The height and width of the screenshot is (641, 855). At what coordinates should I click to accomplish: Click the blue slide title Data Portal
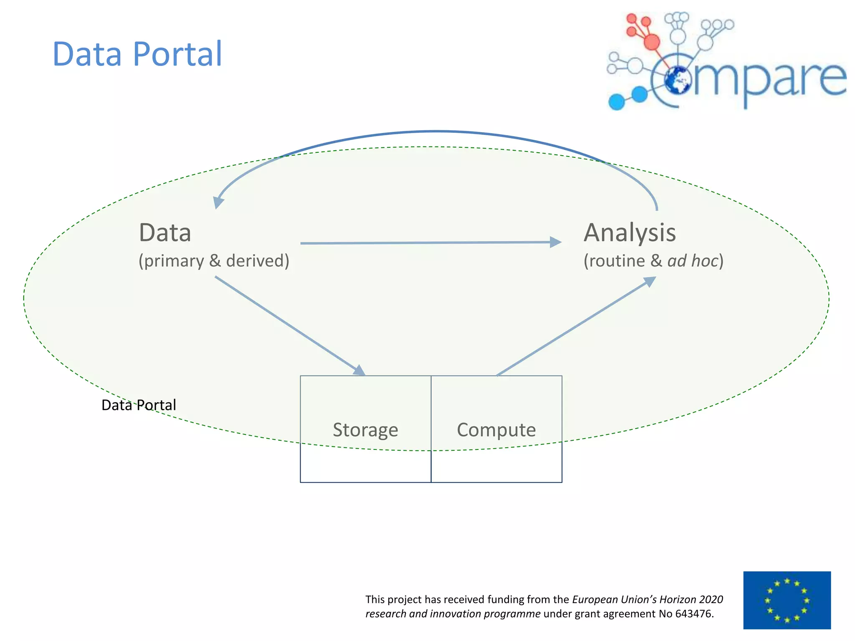[137, 54]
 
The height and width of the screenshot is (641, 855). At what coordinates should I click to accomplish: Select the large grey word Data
[165, 233]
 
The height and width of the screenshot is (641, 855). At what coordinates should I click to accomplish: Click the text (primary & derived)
[214, 261]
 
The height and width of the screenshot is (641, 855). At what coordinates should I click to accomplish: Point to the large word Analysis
[630, 233]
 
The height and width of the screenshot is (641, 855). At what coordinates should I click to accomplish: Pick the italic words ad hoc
[693, 261]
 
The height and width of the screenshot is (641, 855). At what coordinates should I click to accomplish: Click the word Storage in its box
[365, 430]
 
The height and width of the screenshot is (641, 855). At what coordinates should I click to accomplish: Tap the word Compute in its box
[496, 430]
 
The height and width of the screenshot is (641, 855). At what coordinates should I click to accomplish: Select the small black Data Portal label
[139, 405]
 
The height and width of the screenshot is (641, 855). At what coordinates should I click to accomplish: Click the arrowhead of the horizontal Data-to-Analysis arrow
[556, 242]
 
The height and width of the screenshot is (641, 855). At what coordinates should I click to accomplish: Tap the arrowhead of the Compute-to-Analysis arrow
[649, 282]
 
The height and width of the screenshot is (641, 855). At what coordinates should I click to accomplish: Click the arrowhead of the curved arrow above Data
[218, 202]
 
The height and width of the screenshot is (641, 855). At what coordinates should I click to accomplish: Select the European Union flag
[787, 600]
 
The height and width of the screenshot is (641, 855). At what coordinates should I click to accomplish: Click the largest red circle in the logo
[652, 42]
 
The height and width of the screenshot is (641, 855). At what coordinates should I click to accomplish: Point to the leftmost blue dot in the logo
[617, 102]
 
